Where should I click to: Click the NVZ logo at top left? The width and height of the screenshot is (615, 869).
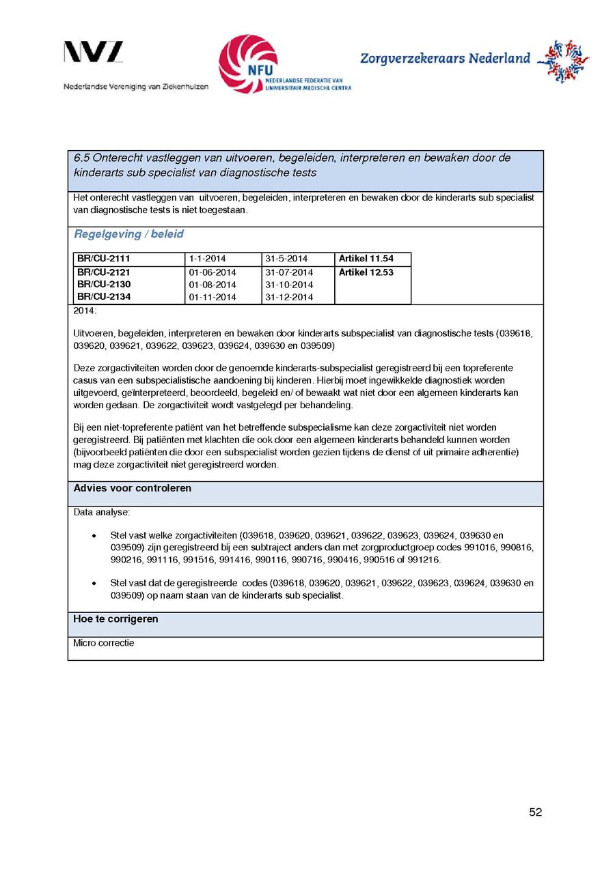(x=94, y=53)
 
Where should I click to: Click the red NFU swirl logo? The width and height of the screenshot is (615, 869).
(x=247, y=64)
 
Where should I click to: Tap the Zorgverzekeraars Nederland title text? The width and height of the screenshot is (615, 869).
(x=445, y=59)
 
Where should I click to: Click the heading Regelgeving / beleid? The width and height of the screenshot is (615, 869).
(x=128, y=234)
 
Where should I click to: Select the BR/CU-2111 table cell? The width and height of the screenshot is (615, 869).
(x=103, y=259)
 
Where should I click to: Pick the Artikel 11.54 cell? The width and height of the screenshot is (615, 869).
(x=366, y=259)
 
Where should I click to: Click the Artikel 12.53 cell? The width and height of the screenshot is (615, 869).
(x=366, y=272)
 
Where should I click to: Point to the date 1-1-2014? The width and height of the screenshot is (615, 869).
(x=207, y=259)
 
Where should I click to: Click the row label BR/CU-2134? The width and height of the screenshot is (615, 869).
(x=103, y=297)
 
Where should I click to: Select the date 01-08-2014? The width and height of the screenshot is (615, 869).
(x=212, y=285)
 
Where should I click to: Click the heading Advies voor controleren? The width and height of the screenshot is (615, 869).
(x=132, y=488)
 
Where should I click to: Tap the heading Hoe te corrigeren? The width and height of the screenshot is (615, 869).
(x=115, y=619)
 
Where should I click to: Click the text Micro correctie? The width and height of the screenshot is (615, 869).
(x=103, y=643)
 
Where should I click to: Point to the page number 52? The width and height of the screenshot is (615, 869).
(x=535, y=812)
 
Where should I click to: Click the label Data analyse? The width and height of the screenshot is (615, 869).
(x=101, y=512)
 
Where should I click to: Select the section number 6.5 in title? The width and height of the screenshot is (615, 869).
(x=81, y=158)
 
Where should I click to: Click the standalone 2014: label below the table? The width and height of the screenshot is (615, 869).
(x=85, y=311)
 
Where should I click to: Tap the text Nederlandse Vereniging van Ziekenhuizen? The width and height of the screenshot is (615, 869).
(x=136, y=87)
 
